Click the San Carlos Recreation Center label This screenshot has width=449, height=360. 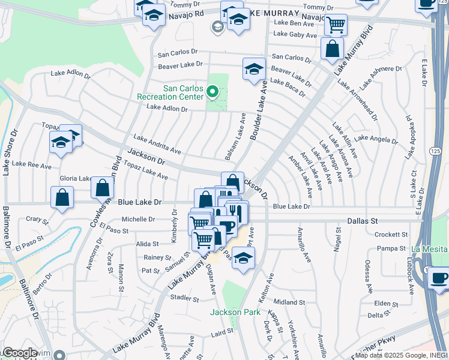click(170, 92)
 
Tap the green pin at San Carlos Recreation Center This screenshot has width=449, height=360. click(211, 92)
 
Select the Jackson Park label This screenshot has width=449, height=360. click(226, 312)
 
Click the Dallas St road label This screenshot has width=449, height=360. click(363, 221)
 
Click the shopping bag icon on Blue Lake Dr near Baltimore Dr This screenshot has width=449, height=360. click(62, 198)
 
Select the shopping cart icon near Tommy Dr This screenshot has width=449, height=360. click(336, 25)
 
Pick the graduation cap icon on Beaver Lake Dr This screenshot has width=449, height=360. click(254, 68)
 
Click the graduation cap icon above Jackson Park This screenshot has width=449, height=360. click(243, 259)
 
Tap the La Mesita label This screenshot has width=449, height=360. click(429, 249)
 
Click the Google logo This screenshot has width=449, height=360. click(19, 353)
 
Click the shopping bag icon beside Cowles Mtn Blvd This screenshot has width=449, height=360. click(103, 187)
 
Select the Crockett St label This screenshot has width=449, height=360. click(391, 235)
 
